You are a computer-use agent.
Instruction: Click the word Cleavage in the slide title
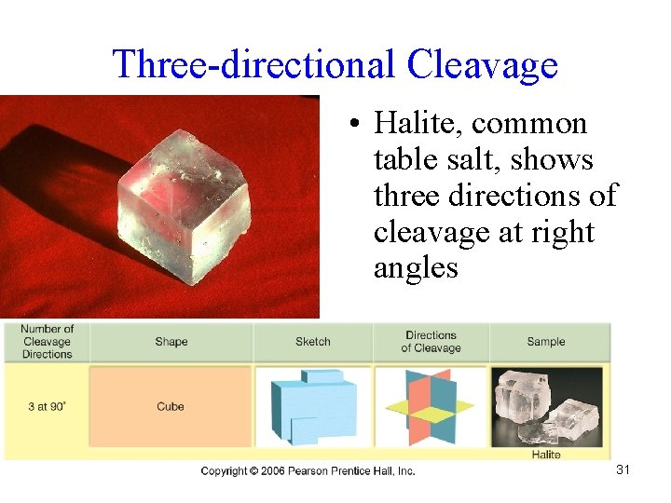(x=482, y=64)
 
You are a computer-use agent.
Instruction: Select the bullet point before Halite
(x=357, y=125)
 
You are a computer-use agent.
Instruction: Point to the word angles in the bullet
(x=416, y=268)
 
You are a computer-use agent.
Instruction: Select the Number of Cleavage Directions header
(x=47, y=341)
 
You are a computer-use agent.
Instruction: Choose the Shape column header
(x=171, y=342)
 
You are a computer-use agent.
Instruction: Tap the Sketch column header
(x=312, y=342)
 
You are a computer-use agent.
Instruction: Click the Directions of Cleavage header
(x=431, y=342)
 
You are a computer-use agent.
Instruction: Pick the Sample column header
(x=545, y=342)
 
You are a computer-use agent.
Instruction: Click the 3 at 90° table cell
(x=46, y=406)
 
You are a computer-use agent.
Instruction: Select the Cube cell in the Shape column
(x=171, y=406)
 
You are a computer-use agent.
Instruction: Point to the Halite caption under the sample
(x=546, y=454)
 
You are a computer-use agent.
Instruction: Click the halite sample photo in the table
(x=547, y=404)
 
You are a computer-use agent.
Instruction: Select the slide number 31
(x=623, y=469)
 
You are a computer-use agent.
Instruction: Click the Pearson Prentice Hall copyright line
(x=308, y=471)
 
